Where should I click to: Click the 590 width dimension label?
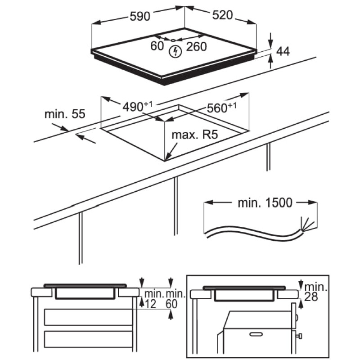click(x=139, y=17)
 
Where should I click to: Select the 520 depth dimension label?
click(x=222, y=15)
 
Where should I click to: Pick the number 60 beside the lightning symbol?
click(x=157, y=46)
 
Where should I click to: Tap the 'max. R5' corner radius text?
click(x=192, y=135)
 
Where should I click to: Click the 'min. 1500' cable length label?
click(x=265, y=202)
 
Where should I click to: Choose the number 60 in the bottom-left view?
click(x=171, y=304)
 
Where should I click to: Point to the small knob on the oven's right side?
click(x=299, y=336)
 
